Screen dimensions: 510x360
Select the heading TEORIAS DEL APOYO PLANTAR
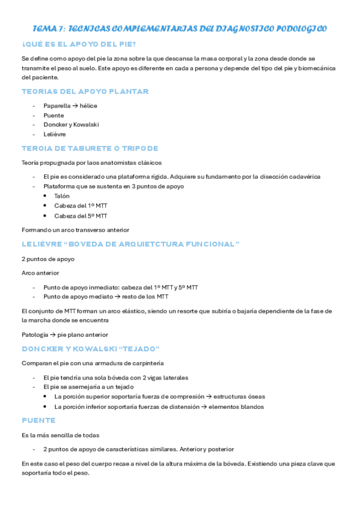click(85, 91)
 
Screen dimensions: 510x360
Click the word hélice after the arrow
click(88, 106)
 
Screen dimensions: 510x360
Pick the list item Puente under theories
click(53, 115)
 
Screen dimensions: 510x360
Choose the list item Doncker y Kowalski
click(71, 124)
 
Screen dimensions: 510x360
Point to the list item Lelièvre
click(55, 134)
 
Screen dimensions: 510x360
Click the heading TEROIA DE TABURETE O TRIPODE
click(90, 149)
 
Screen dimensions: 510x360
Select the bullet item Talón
click(62, 196)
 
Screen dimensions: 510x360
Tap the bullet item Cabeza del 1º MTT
click(81, 206)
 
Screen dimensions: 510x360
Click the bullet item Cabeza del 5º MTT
click(81, 215)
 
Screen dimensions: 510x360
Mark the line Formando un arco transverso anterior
click(75, 230)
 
